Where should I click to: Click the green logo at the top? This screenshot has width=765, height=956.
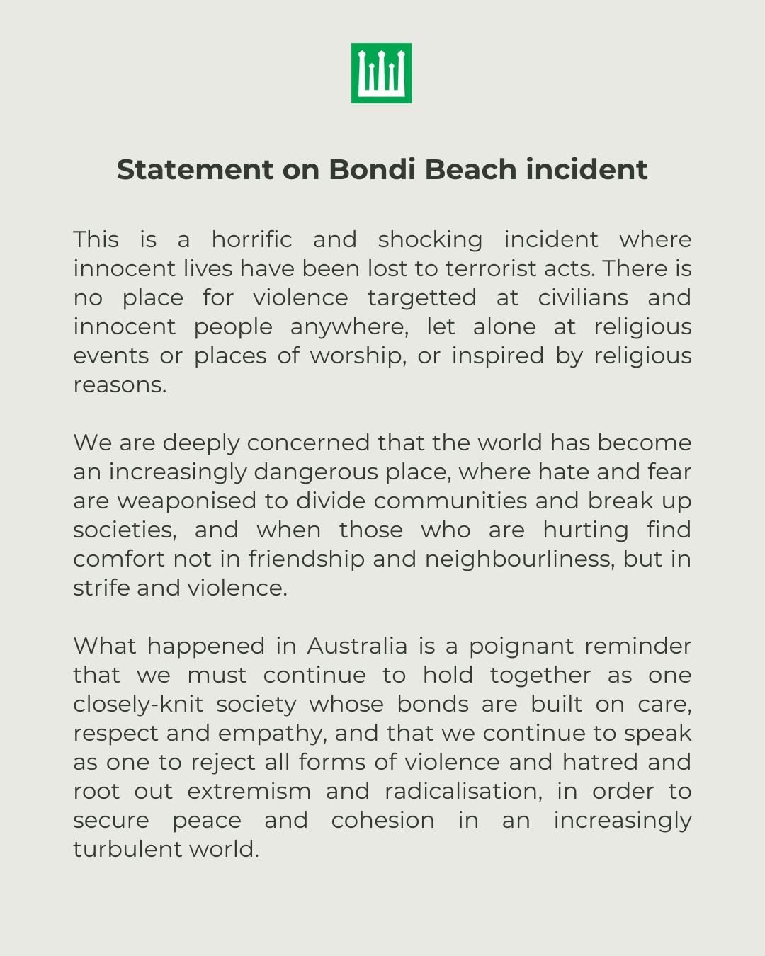pos(381,73)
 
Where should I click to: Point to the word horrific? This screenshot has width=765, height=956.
pos(251,239)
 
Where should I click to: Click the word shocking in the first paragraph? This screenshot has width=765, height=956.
pos(430,239)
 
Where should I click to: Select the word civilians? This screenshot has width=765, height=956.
pos(583,297)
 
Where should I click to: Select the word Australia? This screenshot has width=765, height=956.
pos(357,646)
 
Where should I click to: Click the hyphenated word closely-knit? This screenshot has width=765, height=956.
pos(138,704)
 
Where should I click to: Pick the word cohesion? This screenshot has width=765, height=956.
pos(382,820)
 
